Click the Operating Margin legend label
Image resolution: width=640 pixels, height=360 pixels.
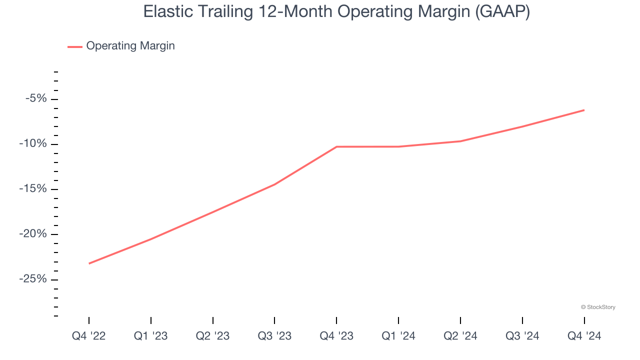pos(130,46)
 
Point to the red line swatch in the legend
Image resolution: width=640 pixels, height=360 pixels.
pos(75,46)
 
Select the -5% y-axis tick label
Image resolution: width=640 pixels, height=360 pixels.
pos(36,98)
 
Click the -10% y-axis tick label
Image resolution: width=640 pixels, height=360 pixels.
pos(33,144)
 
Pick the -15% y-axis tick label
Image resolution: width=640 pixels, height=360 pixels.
pos(33,189)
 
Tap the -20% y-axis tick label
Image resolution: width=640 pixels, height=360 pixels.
pos(33,234)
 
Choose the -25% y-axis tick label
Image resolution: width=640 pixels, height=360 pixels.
pos(33,279)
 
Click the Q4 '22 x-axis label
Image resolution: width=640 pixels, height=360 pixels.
pos(89,336)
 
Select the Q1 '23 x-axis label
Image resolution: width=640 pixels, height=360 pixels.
pos(151,336)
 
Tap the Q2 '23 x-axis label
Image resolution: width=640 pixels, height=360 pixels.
pos(213,336)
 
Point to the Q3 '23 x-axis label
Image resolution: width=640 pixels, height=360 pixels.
pos(274,336)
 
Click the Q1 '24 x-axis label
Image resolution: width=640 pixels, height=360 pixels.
pos(398,336)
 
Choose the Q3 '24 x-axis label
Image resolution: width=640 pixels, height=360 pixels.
pos(522,336)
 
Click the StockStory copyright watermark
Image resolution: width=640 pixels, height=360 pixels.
pos(598,307)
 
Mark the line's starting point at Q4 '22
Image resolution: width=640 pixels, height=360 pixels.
pos(89,263)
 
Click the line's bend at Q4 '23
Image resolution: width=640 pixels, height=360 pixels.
pos(336,146)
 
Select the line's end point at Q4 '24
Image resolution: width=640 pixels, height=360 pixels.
pos(584,110)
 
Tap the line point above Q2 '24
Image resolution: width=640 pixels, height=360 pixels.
pos(460,141)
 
